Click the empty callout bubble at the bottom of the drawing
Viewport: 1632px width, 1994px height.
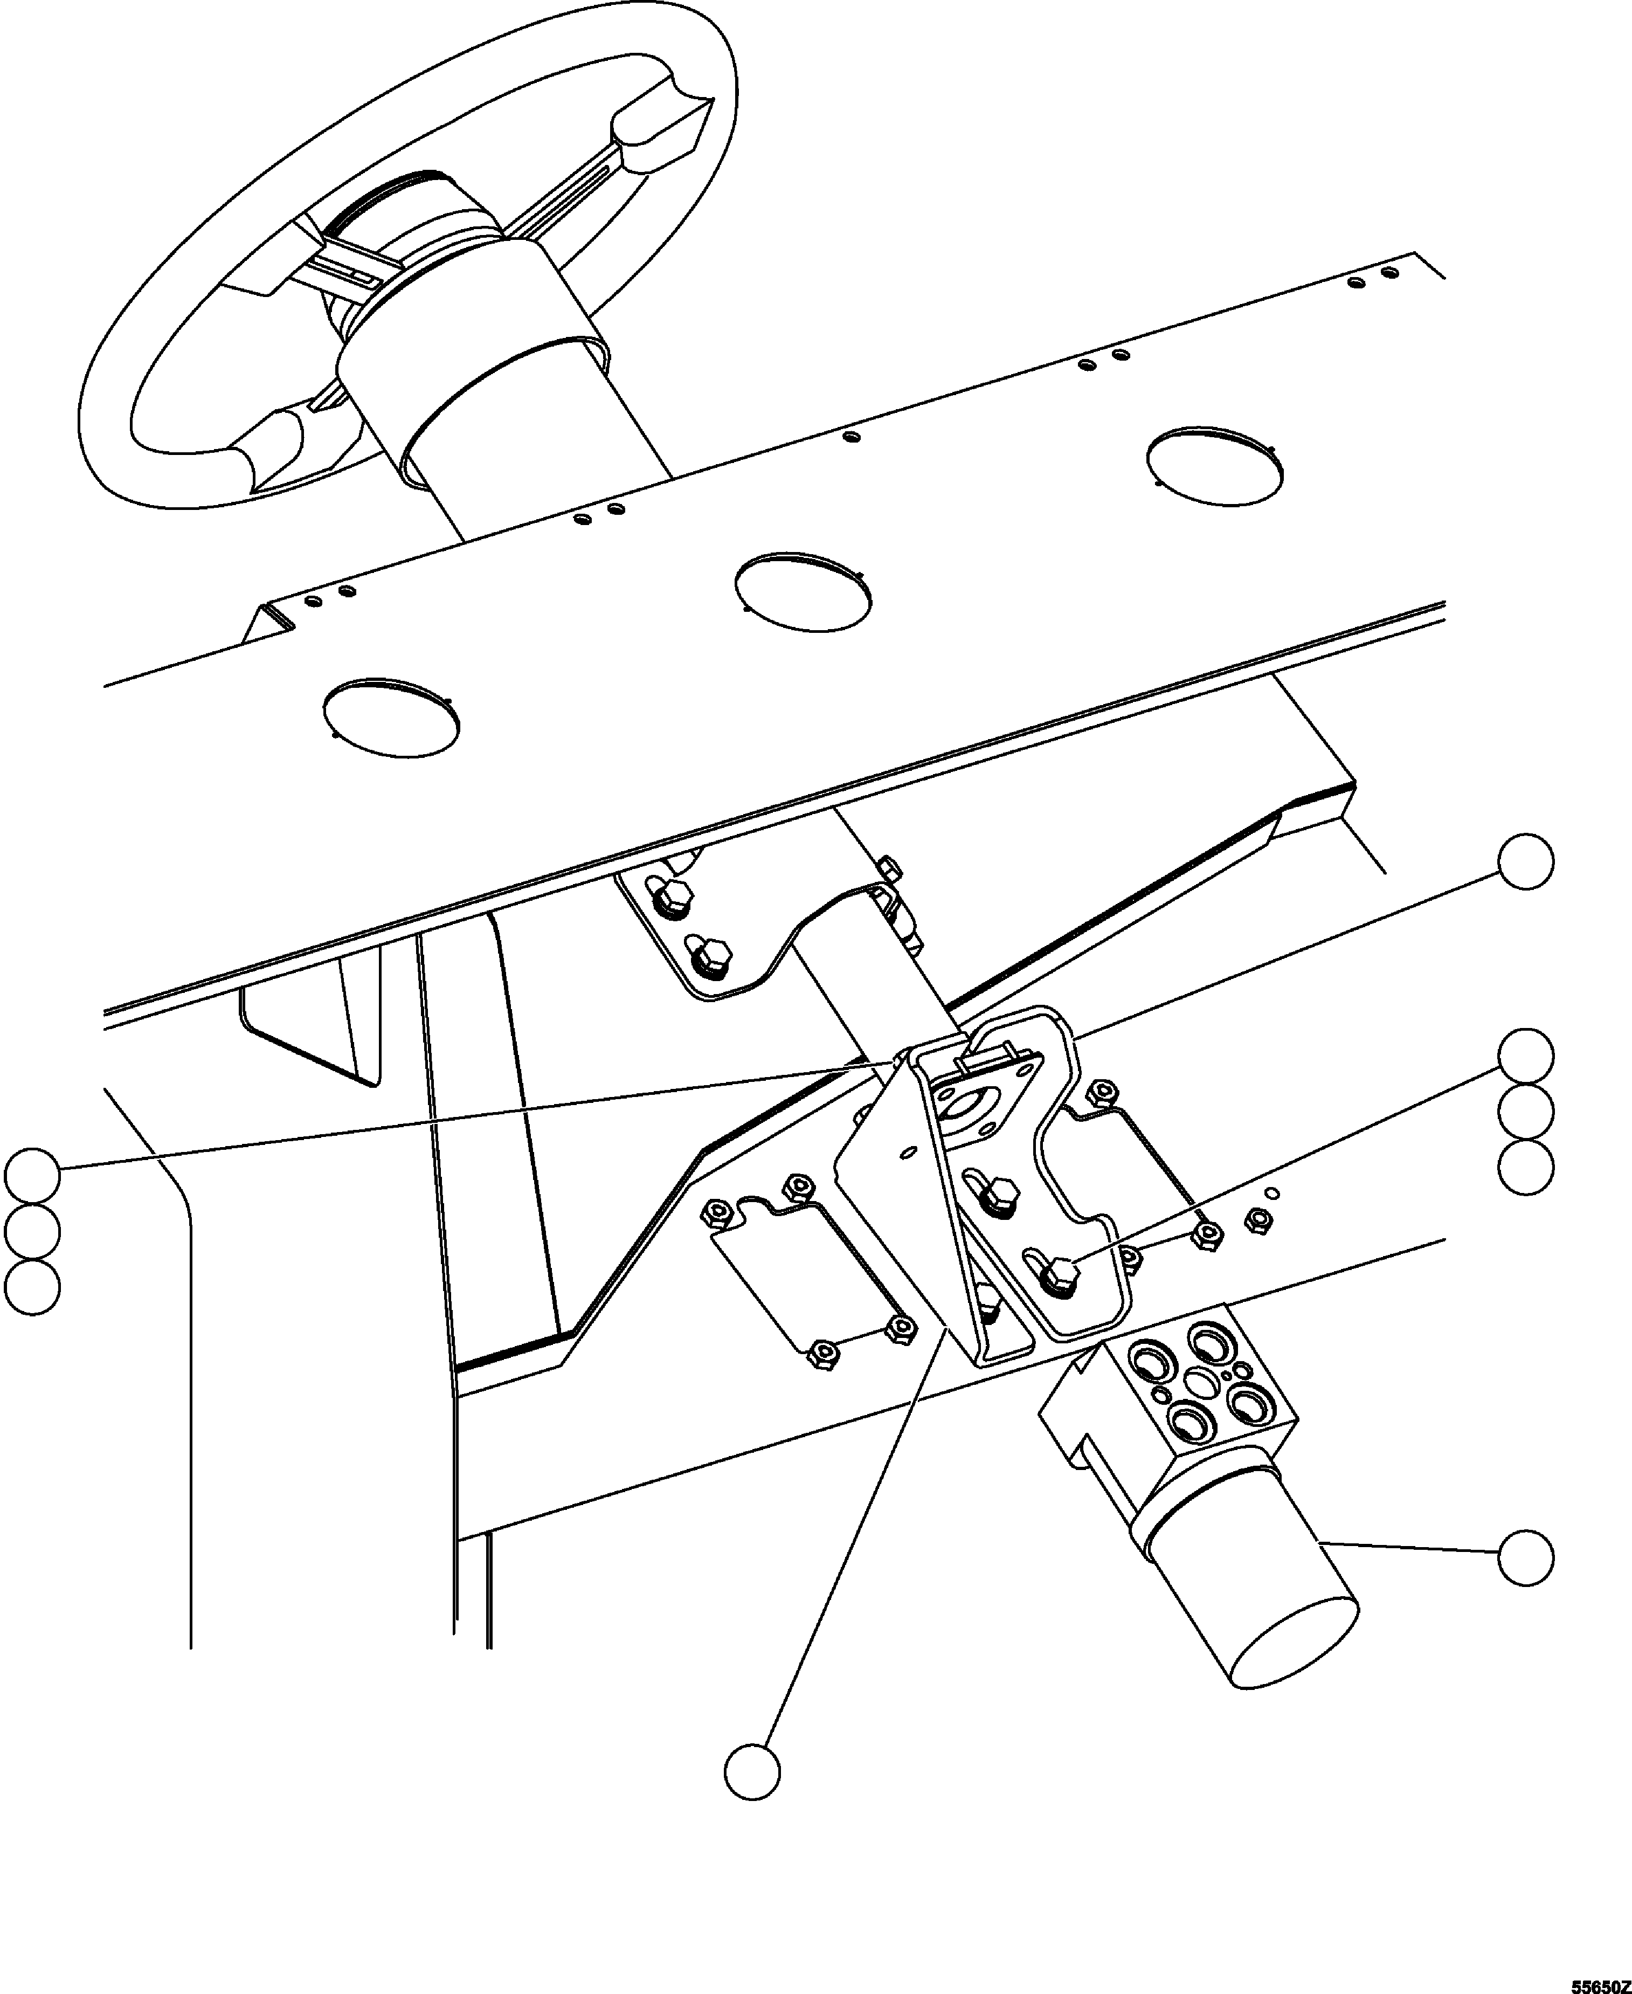tap(752, 1772)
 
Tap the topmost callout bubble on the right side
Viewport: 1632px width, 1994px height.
tap(1525, 860)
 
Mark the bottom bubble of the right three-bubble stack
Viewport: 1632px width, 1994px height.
tap(1525, 1168)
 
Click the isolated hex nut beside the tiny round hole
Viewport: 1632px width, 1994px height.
tap(1257, 1221)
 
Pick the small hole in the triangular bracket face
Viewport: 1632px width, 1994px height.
tap(908, 1151)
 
